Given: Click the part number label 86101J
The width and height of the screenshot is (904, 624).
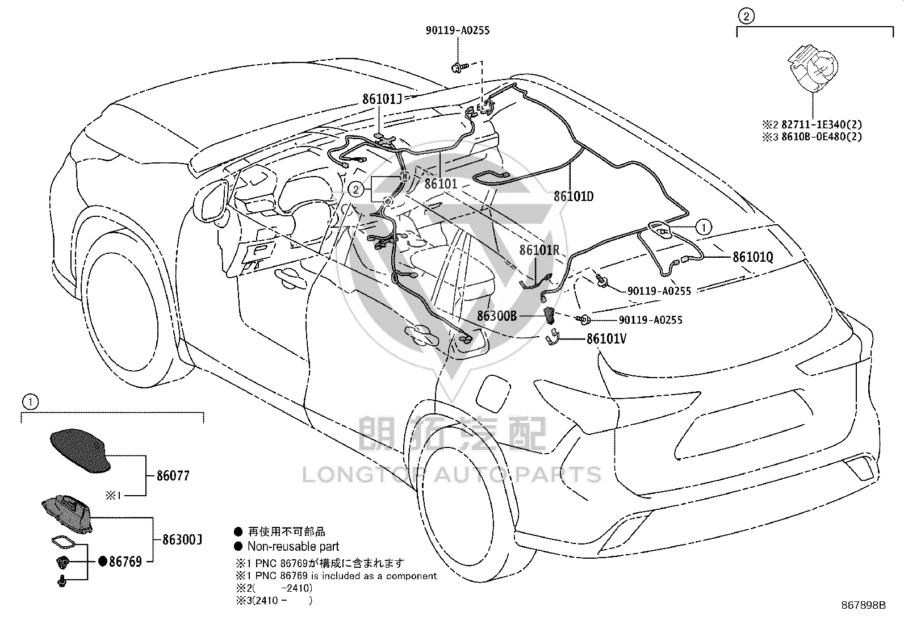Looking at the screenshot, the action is click(382, 99).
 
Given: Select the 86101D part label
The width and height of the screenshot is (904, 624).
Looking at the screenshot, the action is click(574, 196).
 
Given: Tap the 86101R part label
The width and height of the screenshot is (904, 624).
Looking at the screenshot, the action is click(539, 250).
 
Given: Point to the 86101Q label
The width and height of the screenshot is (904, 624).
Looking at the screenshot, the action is click(752, 257).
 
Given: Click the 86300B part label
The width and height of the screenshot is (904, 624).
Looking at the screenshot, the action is click(497, 316).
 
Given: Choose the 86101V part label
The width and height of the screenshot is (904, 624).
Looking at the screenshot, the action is click(606, 338).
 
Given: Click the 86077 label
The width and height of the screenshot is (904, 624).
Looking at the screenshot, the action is click(173, 476).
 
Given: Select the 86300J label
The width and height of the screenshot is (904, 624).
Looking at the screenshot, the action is click(182, 539).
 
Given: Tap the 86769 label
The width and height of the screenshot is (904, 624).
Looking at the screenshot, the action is click(125, 562).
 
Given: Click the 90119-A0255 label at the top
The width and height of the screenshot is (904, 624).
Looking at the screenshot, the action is click(458, 30).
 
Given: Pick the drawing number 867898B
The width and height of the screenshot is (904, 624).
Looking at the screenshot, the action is click(863, 605).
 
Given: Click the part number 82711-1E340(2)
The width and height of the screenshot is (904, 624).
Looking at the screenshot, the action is click(821, 124).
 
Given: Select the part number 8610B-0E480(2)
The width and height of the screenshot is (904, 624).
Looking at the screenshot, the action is click(821, 136).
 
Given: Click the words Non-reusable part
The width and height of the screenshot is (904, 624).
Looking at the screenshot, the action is click(293, 547).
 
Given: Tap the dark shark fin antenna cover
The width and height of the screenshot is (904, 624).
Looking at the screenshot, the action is click(80, 450).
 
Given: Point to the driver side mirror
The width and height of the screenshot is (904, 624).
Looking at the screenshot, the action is click(211, 202).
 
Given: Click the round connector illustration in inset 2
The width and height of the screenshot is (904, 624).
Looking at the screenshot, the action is click(813, 67).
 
